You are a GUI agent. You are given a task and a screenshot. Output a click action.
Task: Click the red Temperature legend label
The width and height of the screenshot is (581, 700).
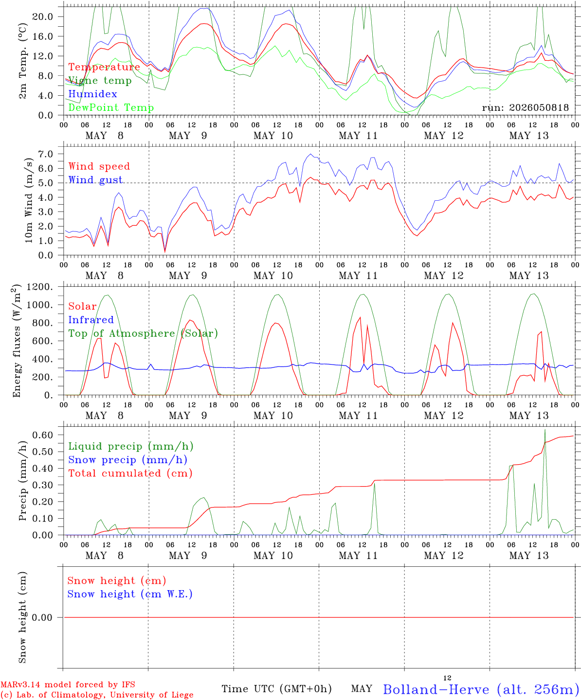pyautogui.click(x=104, y=67)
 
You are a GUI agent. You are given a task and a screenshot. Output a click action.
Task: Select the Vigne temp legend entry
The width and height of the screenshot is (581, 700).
pyautogui.click(x=100, y=81)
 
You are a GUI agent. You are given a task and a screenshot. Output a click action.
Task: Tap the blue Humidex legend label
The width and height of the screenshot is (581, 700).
pyautogui.click(x=92, y=94)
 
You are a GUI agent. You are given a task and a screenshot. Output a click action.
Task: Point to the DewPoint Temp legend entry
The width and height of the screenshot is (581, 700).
pyautogui.click(x=111, y=107)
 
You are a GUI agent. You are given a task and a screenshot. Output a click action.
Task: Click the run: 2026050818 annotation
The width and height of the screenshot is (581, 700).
pyautogui.click(x=525, y=107)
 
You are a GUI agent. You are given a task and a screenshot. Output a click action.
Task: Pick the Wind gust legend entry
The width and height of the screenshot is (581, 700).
pyautogui.click(x=95, y=180)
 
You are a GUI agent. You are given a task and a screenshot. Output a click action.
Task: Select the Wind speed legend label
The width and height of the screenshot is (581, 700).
pyautogui.click(x=99, y=166)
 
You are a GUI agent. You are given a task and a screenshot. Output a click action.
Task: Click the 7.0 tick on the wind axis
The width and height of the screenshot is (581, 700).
pyautogui.click(x=46, y=154)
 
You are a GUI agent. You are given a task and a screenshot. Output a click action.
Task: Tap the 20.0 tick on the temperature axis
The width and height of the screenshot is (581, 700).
pyautogui.click(x=43, y=17)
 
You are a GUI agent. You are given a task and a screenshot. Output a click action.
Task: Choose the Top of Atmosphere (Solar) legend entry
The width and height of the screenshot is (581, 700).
pyautogui.click(x=144, y=333)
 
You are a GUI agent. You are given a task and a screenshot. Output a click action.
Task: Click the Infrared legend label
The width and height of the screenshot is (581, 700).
pyautogui.click(x=91, y=320)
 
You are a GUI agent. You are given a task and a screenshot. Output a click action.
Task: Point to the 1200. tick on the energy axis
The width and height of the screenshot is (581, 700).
pyautogui.click(x=40, y=287)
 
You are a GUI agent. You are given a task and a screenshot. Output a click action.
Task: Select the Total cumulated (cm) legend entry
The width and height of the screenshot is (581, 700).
pyautogui.click(x=130, y=473)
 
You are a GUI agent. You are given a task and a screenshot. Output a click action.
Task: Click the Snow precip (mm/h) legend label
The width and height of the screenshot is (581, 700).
pyautogui.click(x=127, y=460)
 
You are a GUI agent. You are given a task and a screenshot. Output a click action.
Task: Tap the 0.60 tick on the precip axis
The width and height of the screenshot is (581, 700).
pyautogui.click(x=43, y=435)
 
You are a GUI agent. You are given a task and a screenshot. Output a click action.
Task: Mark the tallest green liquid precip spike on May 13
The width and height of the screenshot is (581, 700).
pyautogui.click(x=545, y=430)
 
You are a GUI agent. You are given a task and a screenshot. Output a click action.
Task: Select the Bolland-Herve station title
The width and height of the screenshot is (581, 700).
pyautogui.click(x=482, y=689)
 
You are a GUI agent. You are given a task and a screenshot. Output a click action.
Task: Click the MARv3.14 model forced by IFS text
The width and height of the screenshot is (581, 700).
pyautogui.click(x=68, y=684)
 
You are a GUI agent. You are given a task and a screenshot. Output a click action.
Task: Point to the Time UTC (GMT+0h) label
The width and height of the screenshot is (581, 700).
pyautogui.click(x=276, y=689)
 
